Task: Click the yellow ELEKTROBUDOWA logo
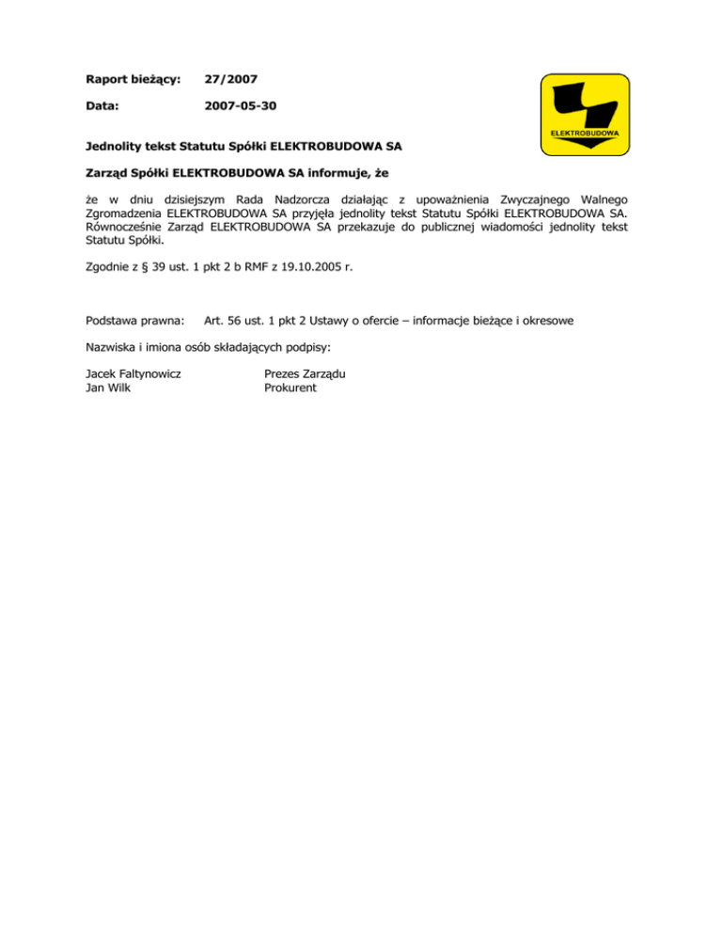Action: [x=584, y=113]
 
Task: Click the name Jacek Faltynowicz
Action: [x=133, y=373]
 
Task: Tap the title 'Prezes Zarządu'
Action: [x=305, y=373]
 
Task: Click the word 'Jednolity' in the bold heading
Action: [x=113, y=147]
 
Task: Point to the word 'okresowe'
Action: [x=546, y=321]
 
